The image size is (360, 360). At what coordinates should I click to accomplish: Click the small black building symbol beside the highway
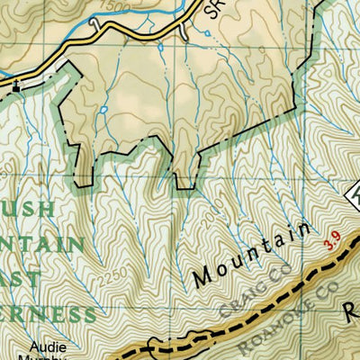tap(14, 86)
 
